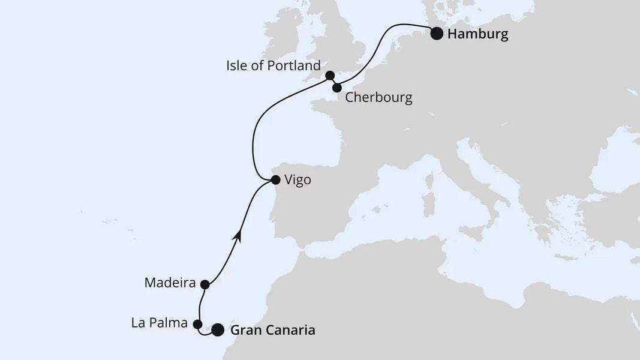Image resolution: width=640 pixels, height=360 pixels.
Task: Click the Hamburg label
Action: (x=477, y=34)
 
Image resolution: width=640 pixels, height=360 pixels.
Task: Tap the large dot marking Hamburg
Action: (x=437, y=34)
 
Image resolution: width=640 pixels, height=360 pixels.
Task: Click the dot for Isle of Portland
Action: (x=329, y=76)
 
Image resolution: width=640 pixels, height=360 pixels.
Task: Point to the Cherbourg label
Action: (x=378, y=98)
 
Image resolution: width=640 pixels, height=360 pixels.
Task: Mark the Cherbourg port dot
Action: (x=337, y=88)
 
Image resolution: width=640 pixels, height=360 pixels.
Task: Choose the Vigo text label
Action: (x=298, y=180)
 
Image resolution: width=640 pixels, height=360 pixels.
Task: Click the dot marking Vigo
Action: (x=275, y=179)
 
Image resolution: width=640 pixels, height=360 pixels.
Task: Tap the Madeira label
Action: (x=170, y=283)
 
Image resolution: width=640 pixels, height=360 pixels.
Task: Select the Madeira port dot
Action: (x=205, y=284)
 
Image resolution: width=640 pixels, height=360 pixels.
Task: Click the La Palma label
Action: (x=159, y=323)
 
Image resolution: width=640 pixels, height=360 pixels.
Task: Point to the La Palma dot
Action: (x=198, y=324)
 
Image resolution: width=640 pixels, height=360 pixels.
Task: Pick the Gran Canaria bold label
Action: (x=272, y=329)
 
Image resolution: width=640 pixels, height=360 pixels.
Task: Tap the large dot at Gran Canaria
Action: (x=218, y=329)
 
